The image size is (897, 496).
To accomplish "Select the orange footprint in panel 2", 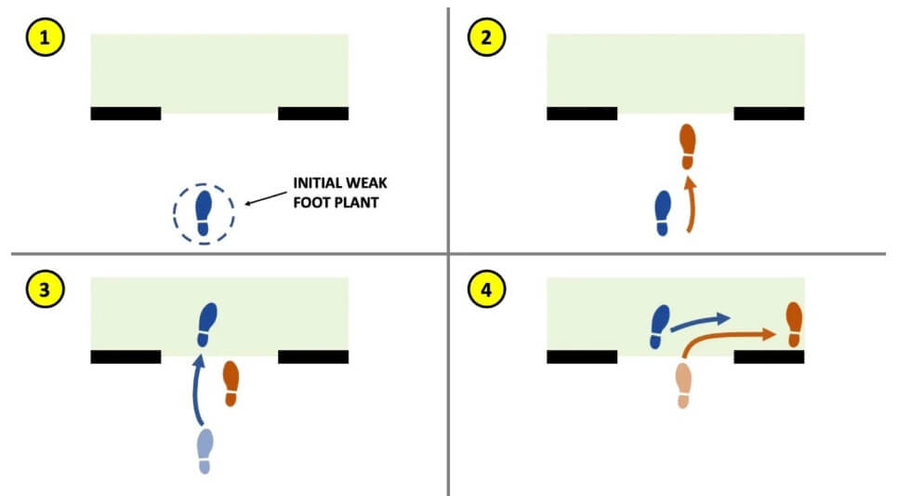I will click(687, 147).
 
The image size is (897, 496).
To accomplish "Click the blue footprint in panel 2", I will click(663, 213).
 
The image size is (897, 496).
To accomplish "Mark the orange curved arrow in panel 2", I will click(689, 205).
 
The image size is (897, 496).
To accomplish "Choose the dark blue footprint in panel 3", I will click(208, 325).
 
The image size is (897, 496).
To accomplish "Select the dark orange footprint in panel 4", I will click(793, 324).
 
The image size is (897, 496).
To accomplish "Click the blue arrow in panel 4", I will click(701, 322).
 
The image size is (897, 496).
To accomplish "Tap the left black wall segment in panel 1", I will click(125, 114).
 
